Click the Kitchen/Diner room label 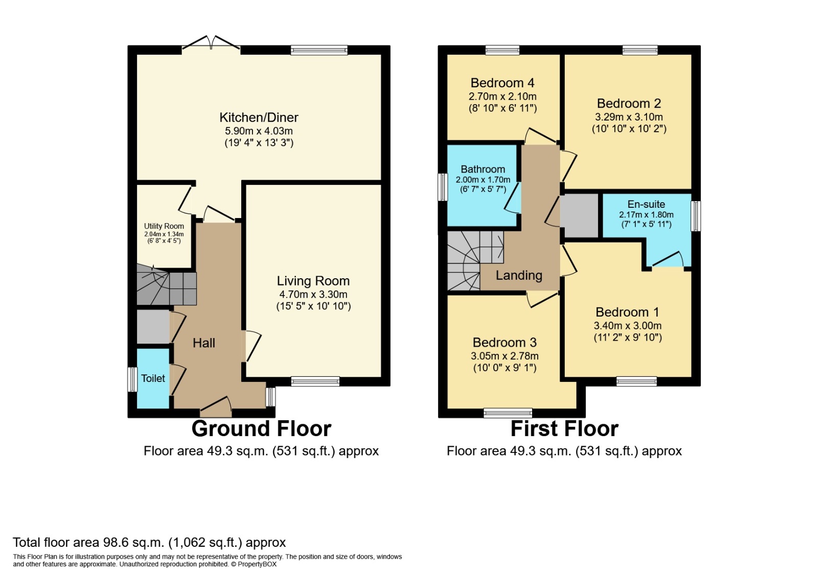[x=259, y=117]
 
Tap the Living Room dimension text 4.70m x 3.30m [x=313, y=294]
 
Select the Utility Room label [x=164, y=226]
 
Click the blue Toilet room [x=153, y=378]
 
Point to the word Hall [x=203, y=343]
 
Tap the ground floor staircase [x=166, y=284]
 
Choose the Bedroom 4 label [x=502, y=83]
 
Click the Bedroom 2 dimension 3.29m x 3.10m [x=629, y=117]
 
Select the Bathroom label [x=483, y=169]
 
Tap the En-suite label [x=646, y=204]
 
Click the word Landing [x=519, y=276]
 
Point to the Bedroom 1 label [x=627, y=312]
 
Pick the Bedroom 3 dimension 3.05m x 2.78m [x=504, y=356]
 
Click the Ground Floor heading [x=261, y=429]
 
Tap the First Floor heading [x=564, y=429]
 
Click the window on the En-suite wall [x=696, y=216]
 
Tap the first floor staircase [x=475, y=261]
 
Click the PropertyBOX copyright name [x=257, y=564]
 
